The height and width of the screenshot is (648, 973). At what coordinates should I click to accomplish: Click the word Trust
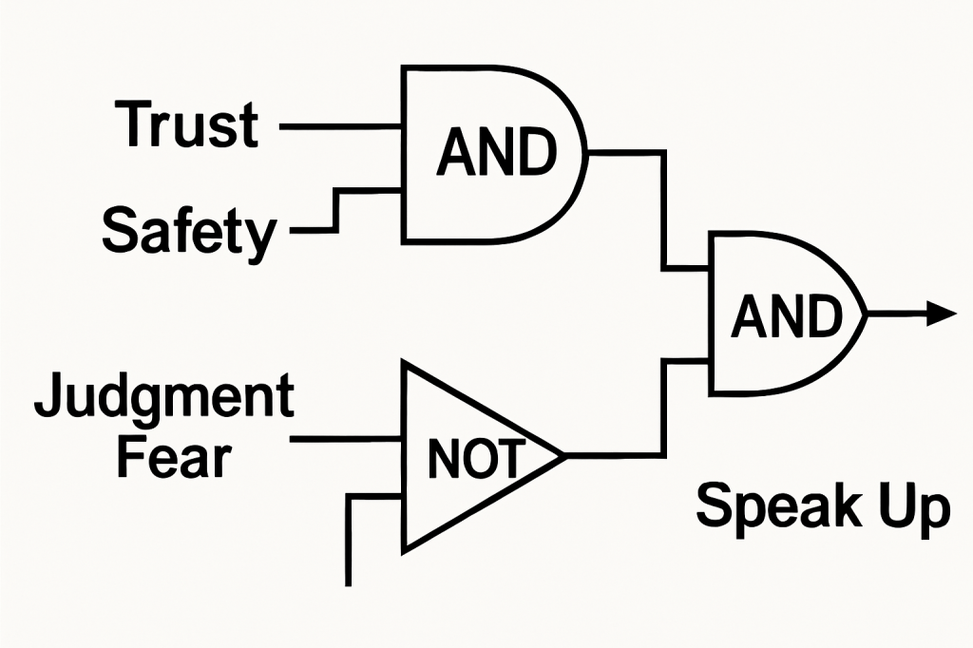tap(187, 124)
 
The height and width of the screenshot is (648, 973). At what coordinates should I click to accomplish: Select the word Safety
tap(189, 231)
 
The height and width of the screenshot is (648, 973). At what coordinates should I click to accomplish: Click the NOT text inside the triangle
tap(474, 460)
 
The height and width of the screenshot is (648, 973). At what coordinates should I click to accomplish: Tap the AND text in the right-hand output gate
tap(787, 315)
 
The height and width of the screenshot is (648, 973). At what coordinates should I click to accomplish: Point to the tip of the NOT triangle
tap(564, 455)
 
